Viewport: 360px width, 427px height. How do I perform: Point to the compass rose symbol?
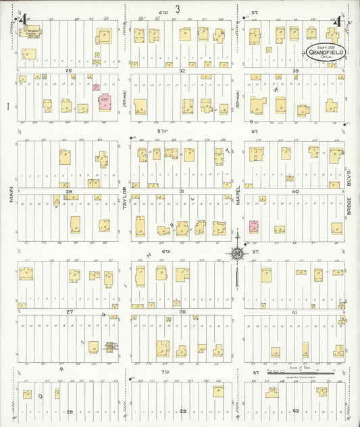(x=237, y=254)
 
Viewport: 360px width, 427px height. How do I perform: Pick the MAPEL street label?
(x=238, y=195)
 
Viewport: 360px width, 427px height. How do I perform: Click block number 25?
(x=68, y=70)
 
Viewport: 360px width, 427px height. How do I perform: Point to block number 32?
(x=182, y=70)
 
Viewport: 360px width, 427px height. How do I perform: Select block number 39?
(x=295, y=70)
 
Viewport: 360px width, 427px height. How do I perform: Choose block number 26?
(x=68, y=191)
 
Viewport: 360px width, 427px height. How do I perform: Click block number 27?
(x=68, y=311)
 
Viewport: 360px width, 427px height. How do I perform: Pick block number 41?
(x=295, y=311)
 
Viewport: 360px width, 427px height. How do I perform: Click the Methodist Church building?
(x=31, y=32)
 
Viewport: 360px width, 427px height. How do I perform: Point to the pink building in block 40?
(x=254, y=226)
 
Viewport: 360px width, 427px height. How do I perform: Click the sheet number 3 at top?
(x=177, y=9)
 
